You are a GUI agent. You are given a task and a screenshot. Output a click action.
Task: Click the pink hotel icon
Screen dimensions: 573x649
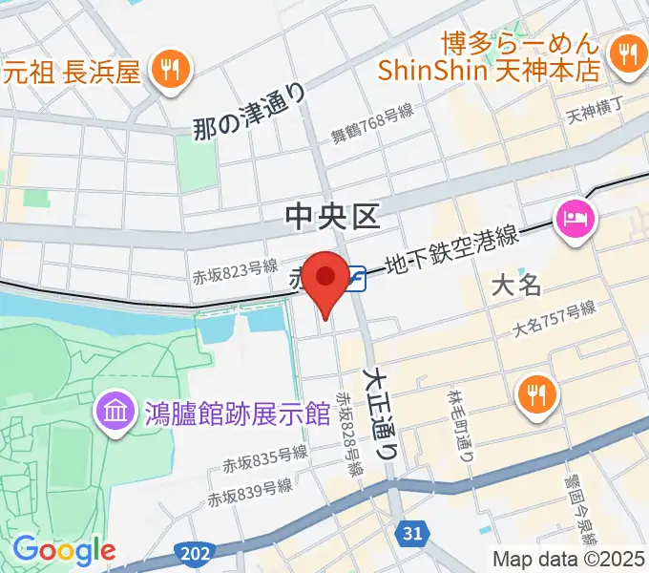[x=577, y=219]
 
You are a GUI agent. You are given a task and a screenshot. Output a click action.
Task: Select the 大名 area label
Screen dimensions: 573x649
[x=516, y=284]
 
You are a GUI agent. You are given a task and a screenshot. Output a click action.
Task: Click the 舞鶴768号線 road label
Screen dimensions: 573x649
[x=372, y=124]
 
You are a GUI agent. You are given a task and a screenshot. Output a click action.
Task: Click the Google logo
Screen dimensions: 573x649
[x=64, y=549]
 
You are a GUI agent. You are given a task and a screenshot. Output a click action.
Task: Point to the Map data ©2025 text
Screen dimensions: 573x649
[x=569, y=558]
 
